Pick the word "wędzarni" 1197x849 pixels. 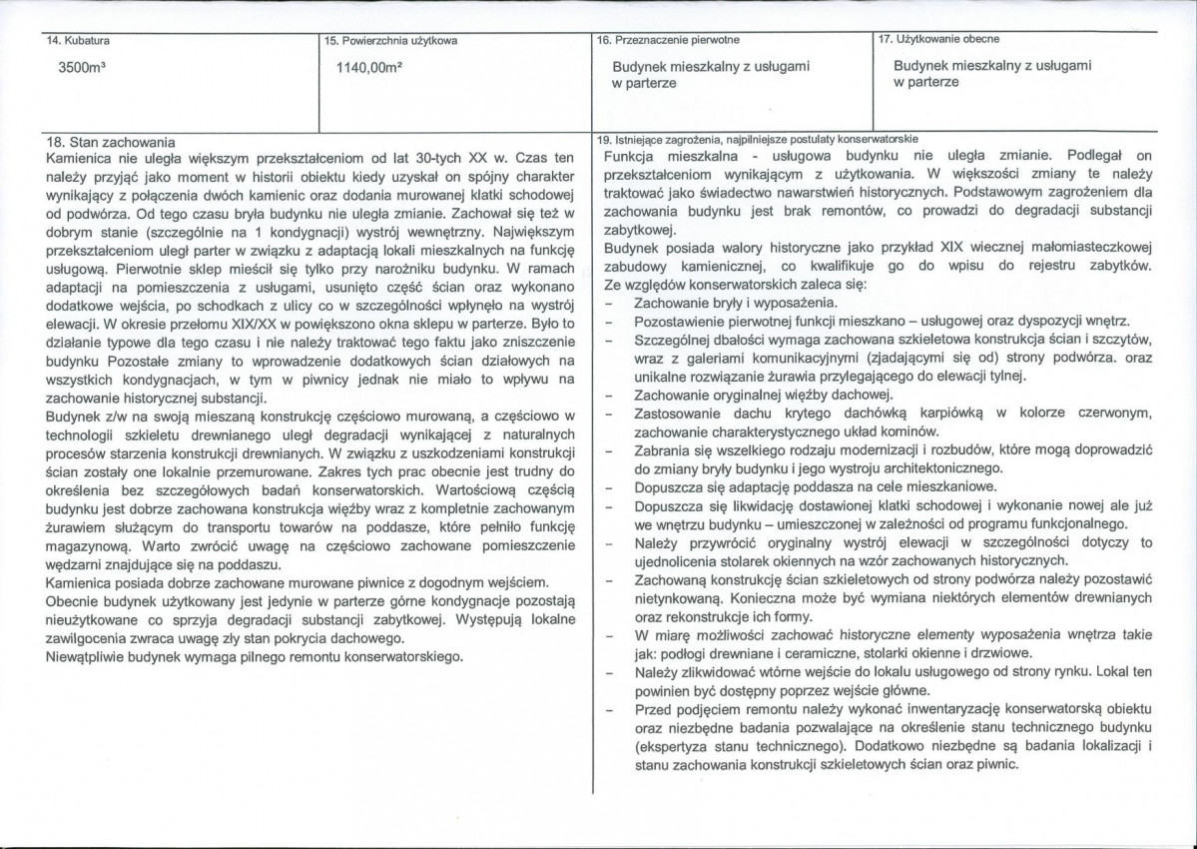(x=77, y=563)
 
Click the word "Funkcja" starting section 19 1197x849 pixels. (x=631, y=156)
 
